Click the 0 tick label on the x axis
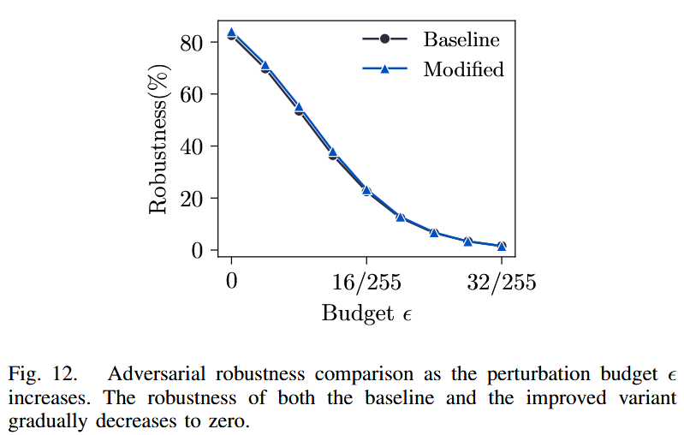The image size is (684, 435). [231, 283]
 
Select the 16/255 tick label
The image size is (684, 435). [366, 283]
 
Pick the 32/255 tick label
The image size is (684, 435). [502, 283]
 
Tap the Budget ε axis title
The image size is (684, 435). [366, 313]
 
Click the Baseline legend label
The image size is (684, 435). [461, 39]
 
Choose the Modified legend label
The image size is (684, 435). [464, 69]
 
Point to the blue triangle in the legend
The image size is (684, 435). [384, 69]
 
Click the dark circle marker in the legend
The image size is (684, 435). [384, 39]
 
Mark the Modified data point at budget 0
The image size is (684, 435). [231, 33]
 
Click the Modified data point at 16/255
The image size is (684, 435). [366, 190]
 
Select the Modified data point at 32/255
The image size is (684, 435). [502, 246]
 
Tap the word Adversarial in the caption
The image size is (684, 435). [151, 375]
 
